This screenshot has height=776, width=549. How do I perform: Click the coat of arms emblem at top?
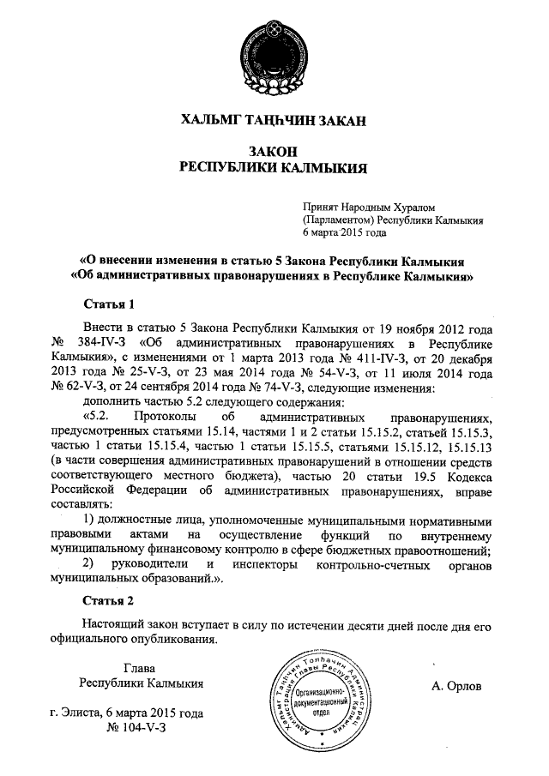(x=274, y=51)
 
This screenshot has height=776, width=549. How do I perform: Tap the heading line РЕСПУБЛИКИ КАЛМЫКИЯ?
(x=274, y=167)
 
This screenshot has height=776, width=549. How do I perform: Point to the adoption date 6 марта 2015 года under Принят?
(x=345, y=232)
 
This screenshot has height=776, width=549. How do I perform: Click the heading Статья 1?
(x=108, y=304)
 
